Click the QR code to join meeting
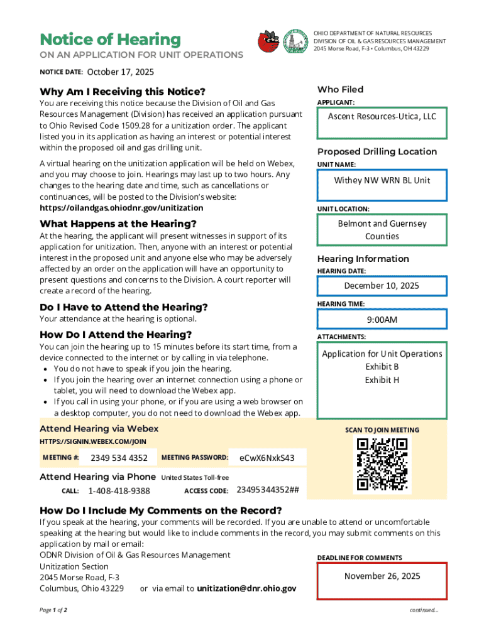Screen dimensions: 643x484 [382, 465]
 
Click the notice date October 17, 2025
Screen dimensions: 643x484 [120, 72]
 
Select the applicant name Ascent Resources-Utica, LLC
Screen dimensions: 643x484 [382, 117]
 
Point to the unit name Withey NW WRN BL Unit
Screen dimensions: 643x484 [382, 180]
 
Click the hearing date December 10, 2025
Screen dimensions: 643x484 [382, 286]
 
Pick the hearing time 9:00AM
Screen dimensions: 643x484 [382, 320]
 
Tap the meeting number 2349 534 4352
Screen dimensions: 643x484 [119, 458]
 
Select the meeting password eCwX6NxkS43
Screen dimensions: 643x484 [267, 458]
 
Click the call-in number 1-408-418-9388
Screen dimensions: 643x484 [119, 491]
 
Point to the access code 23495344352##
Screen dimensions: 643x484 [267, 490]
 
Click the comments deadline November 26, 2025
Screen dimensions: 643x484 [382, 576]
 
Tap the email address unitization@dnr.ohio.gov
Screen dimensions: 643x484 [246, 588]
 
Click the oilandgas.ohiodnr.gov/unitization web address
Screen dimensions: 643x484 [121, 208]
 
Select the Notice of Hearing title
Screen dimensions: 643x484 [110, 40]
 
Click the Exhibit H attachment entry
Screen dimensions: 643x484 [382, 380]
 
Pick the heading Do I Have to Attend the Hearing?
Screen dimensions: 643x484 [123, 307]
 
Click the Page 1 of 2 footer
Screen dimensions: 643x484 [53, 610]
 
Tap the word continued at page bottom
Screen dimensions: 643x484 [424, 610]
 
